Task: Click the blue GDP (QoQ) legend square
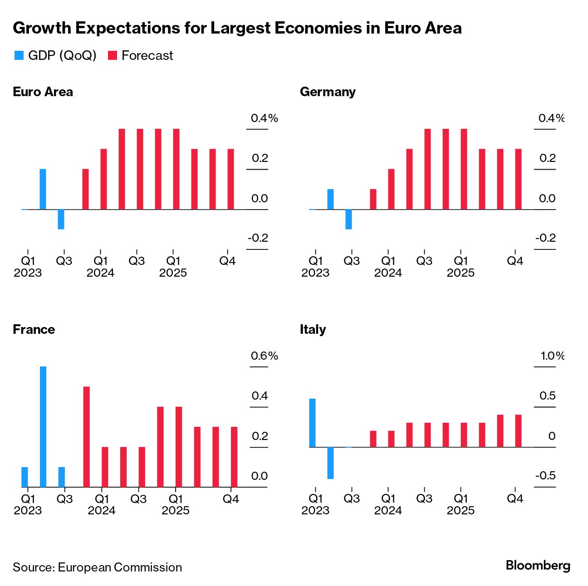click(x=19, y=56)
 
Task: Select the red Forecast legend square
click(x=113, y=56)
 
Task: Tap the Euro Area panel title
click(x=43, y=92)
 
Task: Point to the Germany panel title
click(x=328, y=92)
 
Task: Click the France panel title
click(x=34, y=330)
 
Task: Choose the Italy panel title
click(x=313, y=330)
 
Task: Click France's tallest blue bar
click(x=43, y=426)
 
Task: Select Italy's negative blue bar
click(x=330, y=463)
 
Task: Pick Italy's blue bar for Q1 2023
click(x=312, y=423)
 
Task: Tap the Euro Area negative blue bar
click(x=61, y=219)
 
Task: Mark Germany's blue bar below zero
click(x=348, y=219)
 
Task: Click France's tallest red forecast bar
click(x=86, y=436)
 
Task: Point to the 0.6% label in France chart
click(x=264, y=356)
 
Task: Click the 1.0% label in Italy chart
click(x=552, y=356)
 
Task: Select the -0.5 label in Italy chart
click(x=545, y=476)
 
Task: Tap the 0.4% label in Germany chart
click(x=551, y=118)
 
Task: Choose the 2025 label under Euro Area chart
click(x=173, y=273)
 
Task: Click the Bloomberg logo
click(x=538, y=566)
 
